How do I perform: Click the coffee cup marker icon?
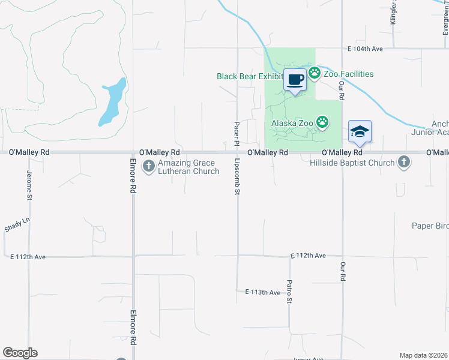295,80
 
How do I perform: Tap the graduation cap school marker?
359,132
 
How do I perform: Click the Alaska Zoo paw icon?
323,123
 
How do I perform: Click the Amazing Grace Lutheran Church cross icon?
149,167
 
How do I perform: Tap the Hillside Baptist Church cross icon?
404,162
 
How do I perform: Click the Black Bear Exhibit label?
249,76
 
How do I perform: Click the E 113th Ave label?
262,292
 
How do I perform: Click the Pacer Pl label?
237,133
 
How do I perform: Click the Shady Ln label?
17,225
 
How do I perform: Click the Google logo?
20,353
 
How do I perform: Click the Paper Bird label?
430,226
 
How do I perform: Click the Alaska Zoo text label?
292,123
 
